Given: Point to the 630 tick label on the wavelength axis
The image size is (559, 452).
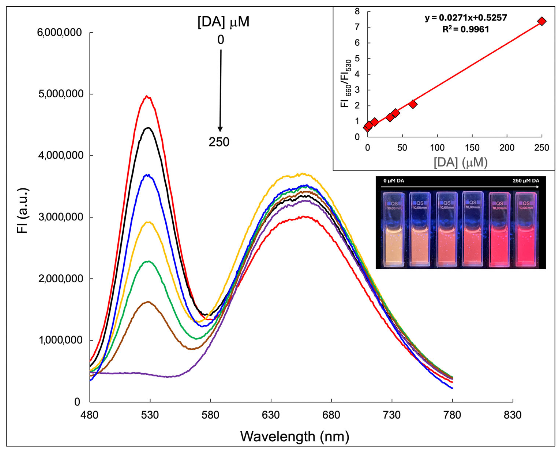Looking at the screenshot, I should (271, 415).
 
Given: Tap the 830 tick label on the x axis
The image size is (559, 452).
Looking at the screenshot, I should (513, 415).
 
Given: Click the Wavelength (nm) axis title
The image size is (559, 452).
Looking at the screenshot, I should (294, 436).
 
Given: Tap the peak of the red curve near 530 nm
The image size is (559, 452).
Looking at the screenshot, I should (147, 96).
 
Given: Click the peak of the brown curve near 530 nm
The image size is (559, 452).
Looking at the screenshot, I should (148, 302).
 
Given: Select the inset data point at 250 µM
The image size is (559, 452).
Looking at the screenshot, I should (542, 21).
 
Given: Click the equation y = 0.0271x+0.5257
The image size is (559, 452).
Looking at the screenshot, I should (466, 18).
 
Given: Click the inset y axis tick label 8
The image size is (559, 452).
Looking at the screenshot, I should (357, 11).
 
